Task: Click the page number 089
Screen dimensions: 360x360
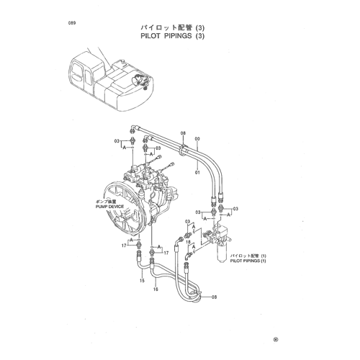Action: tap(72, 23)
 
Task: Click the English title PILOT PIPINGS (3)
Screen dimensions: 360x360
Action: tap(172, 36)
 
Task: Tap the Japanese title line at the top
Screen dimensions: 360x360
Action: tap(172, 27)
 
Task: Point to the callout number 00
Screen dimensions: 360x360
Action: tap(197, 139)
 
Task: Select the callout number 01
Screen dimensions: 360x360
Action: tap(197, 172)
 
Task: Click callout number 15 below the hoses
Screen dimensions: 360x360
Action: tap(142, 280)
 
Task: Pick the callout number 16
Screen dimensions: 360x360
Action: tap(156, 289)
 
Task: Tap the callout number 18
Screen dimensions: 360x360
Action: tap(188, 242)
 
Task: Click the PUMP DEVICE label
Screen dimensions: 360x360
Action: tap(109, 207)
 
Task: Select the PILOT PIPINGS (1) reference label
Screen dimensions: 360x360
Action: tap(248, 261)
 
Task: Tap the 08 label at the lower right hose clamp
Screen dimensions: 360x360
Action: tap(214, 297)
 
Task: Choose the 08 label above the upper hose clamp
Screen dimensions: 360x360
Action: tap(183, 133)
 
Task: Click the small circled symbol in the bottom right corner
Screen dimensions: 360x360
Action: tap(276, 339)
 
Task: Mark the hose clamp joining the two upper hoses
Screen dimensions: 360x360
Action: tap(184, 150)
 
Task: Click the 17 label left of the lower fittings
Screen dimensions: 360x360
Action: tap(124, 246)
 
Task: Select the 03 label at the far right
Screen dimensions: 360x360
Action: tap(235, 209)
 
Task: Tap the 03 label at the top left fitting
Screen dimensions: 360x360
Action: tap(117, 141)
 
